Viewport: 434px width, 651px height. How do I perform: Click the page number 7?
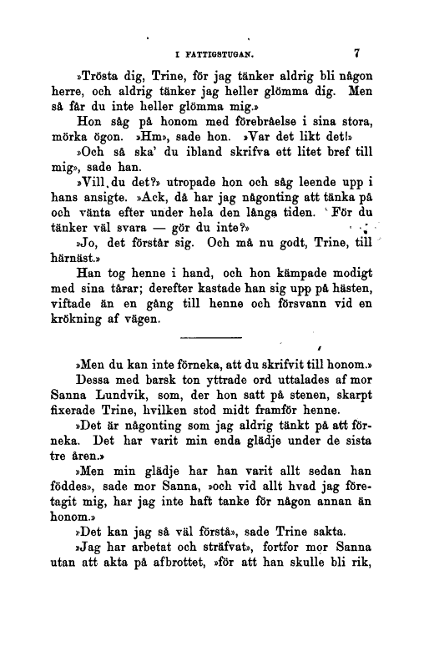[356, 53]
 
